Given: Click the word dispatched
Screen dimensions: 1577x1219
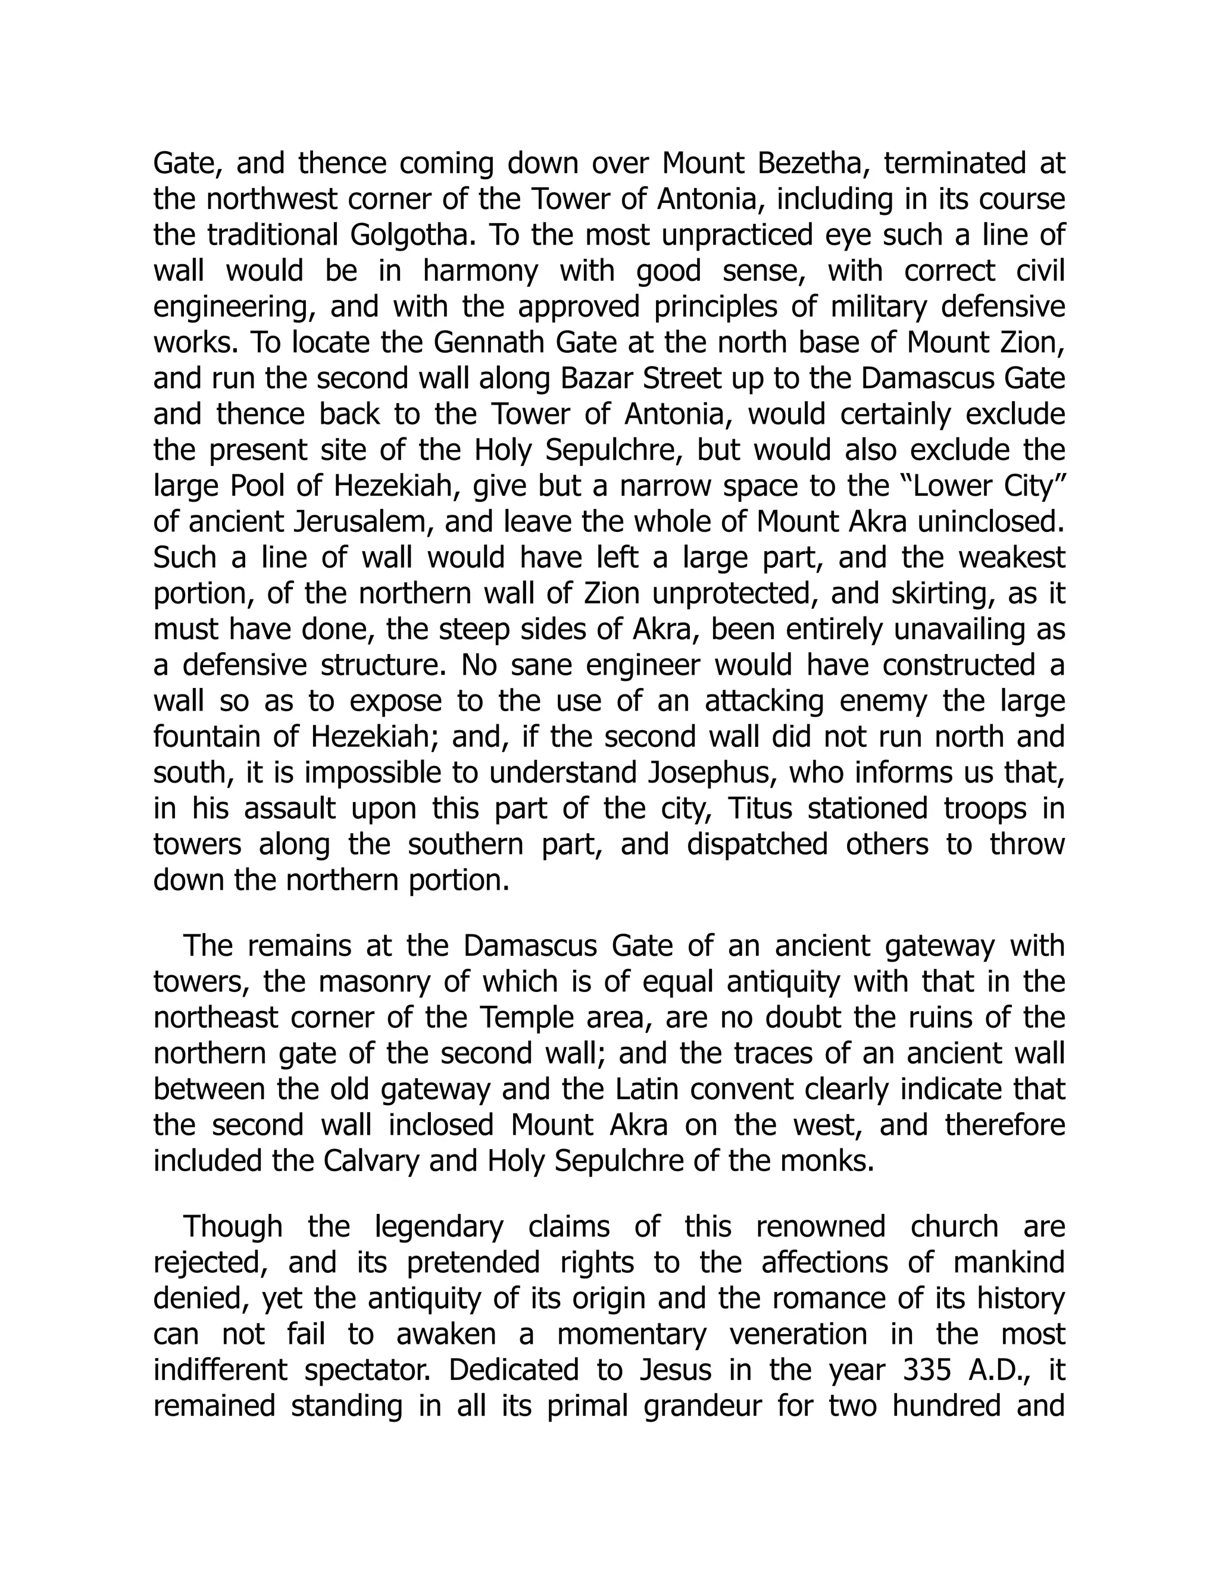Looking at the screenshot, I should coord(757,844).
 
